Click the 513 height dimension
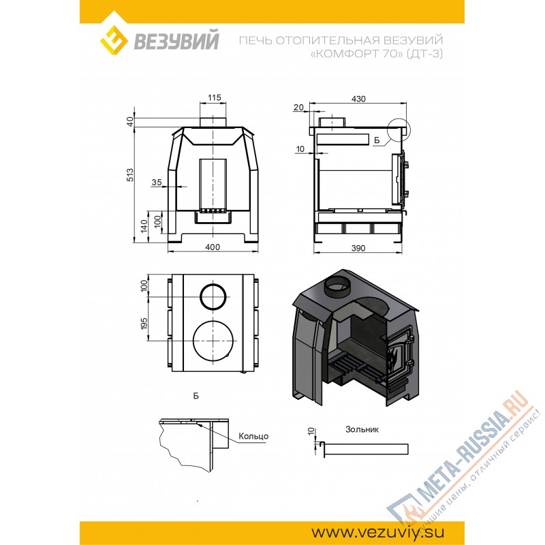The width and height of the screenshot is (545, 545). pyautogui.click(x=130, y=175)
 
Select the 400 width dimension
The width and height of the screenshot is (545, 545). pyautogui.click(x=213, y=247)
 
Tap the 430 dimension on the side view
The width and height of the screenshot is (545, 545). pyautogui.click(x=358, y=99)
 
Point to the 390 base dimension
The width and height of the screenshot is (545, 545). pyautogui.click(x=358, y=248)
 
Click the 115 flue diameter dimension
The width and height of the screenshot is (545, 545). pyautogui.click(x=215, y=97)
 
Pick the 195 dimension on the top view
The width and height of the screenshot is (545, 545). pyautogui.click(x=144, y=323)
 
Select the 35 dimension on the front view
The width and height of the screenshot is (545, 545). pyautogui.click(x=157, y=182)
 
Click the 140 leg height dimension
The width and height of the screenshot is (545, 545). pyautogui.click(x=144, y=226)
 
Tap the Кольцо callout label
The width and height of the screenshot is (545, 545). pyautogui.click(x=253, y=436)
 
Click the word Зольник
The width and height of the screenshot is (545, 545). pyautogui.click(x=362, y=429)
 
